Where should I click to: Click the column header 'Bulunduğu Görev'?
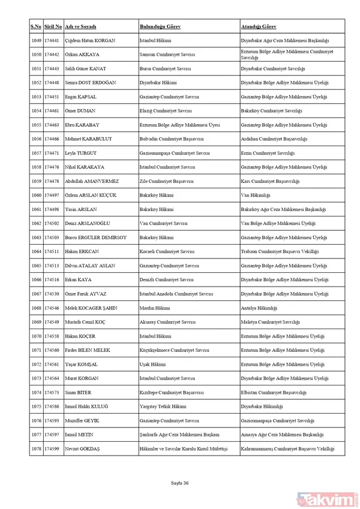[160, 27]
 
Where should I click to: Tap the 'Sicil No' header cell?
[53, 27]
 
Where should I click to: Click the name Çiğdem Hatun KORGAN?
[90, 41]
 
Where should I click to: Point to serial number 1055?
[36, 125]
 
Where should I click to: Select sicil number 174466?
[53, 139]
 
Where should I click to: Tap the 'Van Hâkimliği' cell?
[255, 195]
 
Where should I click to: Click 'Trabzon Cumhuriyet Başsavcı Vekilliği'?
[275, 252]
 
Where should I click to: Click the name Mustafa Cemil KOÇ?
[85, 322]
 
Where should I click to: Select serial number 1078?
[36, 449]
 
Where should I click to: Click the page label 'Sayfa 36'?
[180, 483]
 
